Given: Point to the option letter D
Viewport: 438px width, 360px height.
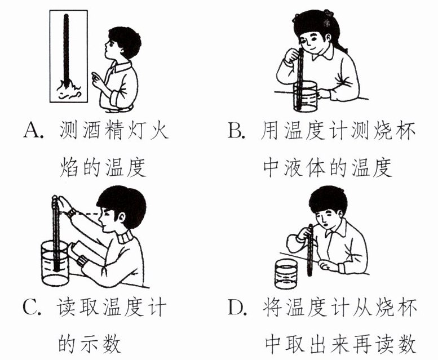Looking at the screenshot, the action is pyautogui.click(x=236, y=307).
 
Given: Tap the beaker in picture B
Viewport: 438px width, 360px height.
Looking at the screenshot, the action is pyautogui.click(x=305, y=96).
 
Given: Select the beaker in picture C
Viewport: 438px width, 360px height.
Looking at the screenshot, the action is pyautogui.click(x=55, y=264).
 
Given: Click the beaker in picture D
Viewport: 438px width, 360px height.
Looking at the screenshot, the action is pyautogui.click(x=286, y=274).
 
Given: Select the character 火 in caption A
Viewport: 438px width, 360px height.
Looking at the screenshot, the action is pyautogui.click(x=159, y=130).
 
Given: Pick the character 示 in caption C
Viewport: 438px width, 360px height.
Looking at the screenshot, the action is pyautogui.click(x=90, y=344).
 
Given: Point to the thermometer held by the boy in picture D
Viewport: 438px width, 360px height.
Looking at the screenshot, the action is pyautogui.click(x=310, y=250).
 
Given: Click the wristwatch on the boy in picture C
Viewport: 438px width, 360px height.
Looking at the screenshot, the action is pyautogui.click(x=72, y=213).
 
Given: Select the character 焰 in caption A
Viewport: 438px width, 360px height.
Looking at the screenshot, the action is pyautogui.click(x=69, y=167).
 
